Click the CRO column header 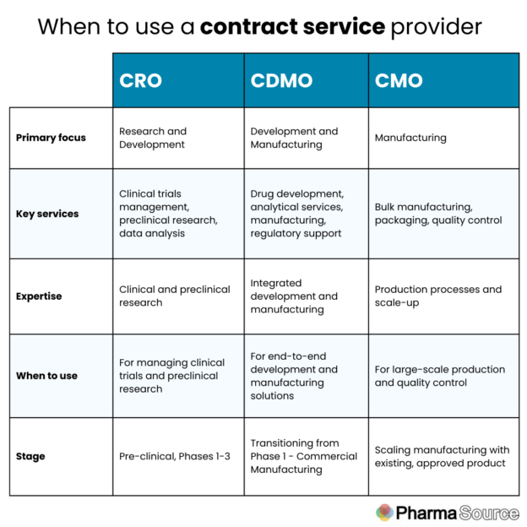tap(140, 81)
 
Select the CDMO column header tap(281, 81)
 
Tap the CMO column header tap(399, 81)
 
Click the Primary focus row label tap(51, 138)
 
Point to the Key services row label tap(47, 214)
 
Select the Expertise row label tap(39, 296)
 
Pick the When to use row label tap(46, 376)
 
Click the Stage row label tap(30, 456)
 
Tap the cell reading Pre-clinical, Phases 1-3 tap(175, 456)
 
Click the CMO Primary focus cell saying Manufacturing tap(410, 138)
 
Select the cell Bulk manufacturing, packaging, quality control tap(438, 214)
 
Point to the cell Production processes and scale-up tap(438, 296)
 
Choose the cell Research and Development tap(153, 138)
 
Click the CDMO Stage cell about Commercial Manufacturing tap(303, 456)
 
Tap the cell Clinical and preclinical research tap(175, 296)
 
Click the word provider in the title tap(437, 27)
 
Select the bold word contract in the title tap(248, 27)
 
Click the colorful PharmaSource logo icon tap(384, 513)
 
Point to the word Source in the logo tap(489, 513)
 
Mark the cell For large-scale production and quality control tap(440, 376)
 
